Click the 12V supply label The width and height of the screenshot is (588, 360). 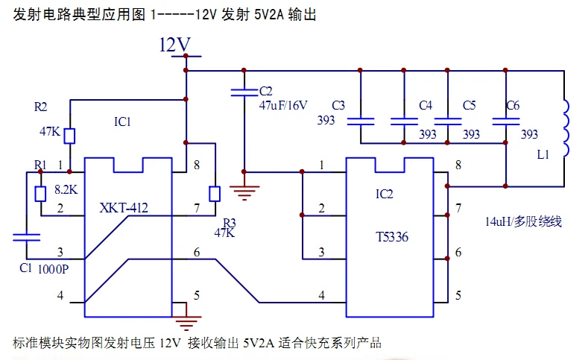click(x=174, y=45)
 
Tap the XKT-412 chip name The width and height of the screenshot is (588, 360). click(x=124, y=208)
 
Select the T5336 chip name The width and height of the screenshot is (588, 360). click(x=392, y=237)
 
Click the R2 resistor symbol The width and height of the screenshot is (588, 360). click(x=69, y=136)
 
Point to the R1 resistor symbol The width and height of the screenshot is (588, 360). click(x=40, y=194)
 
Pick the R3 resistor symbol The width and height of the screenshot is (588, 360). click(x=215, y=194)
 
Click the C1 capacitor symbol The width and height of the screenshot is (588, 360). click(x=26, y=237)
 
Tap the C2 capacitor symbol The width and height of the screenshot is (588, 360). click(x=244, y=92)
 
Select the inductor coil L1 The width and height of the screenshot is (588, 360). click(x=566, y=128)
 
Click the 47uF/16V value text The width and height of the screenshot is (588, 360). click(x=283, y=105)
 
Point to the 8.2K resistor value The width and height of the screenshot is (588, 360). click(x=66, y=190)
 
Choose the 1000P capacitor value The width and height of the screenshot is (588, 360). click(x=53, y=269)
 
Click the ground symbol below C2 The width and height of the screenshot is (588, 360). click(x=244, y=193)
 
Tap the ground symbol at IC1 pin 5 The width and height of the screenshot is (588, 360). click(x=186, y=323)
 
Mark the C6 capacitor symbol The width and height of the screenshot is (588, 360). click(x=505, y=121)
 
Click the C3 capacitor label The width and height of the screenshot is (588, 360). click(x=338, y=105)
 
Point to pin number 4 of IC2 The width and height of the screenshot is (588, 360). click(x=322, y=295)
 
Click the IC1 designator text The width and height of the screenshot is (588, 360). click(x=123, y=122)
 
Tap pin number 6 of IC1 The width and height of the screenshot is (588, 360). click(x=197, y=253)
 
